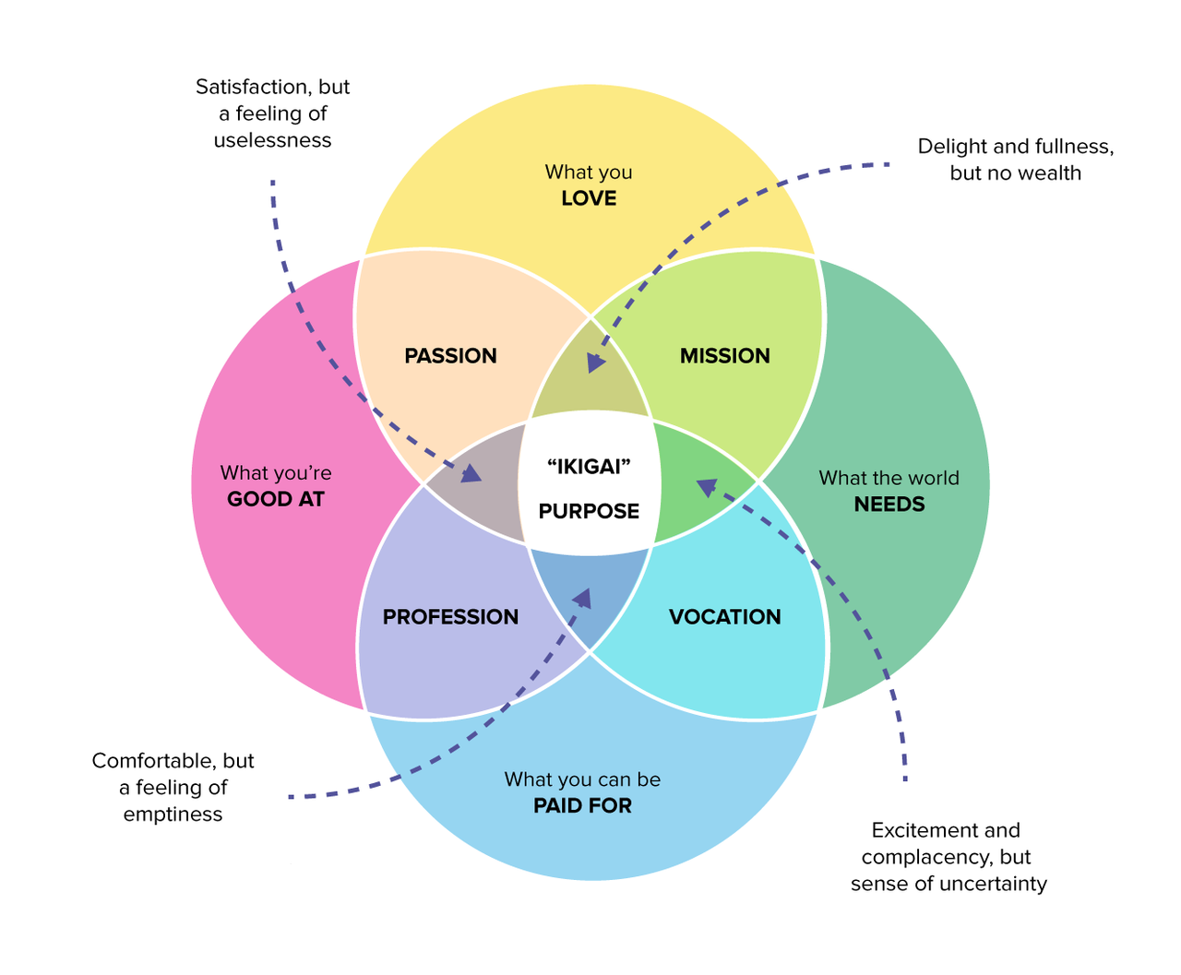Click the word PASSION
pyautogui.click(x=450, y=355)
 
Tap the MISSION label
pyautogui.click(x=724, y=355)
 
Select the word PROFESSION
pyautogui.click(x=450, y=616)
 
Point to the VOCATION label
pyautogui.click(x=724, y=616)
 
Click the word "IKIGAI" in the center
pyautogui.click(x=589, y=466)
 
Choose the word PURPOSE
pyautogui.click(x=589, y=511)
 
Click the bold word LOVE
pyautogui.click(x=589, y=198)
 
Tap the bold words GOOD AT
pyautogui.click(x=276, y=499)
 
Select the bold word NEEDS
pyautogui.click(x=889, y=505)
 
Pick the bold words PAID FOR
pyautogui.click(x=582, y=805)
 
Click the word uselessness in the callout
pyautogui.click(x=272, y=140)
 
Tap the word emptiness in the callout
pyautogui.click(x=173, y=814)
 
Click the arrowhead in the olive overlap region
pyautogui.click(x=596, y=363)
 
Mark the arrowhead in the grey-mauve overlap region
pyautogui.click(x=471, y=474)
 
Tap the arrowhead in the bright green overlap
pyautogui.click(x=706, y=486)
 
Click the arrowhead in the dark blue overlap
pyautogui.click(x=582, y=599)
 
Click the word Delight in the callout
pyautogui.click(x=953, y=147)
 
